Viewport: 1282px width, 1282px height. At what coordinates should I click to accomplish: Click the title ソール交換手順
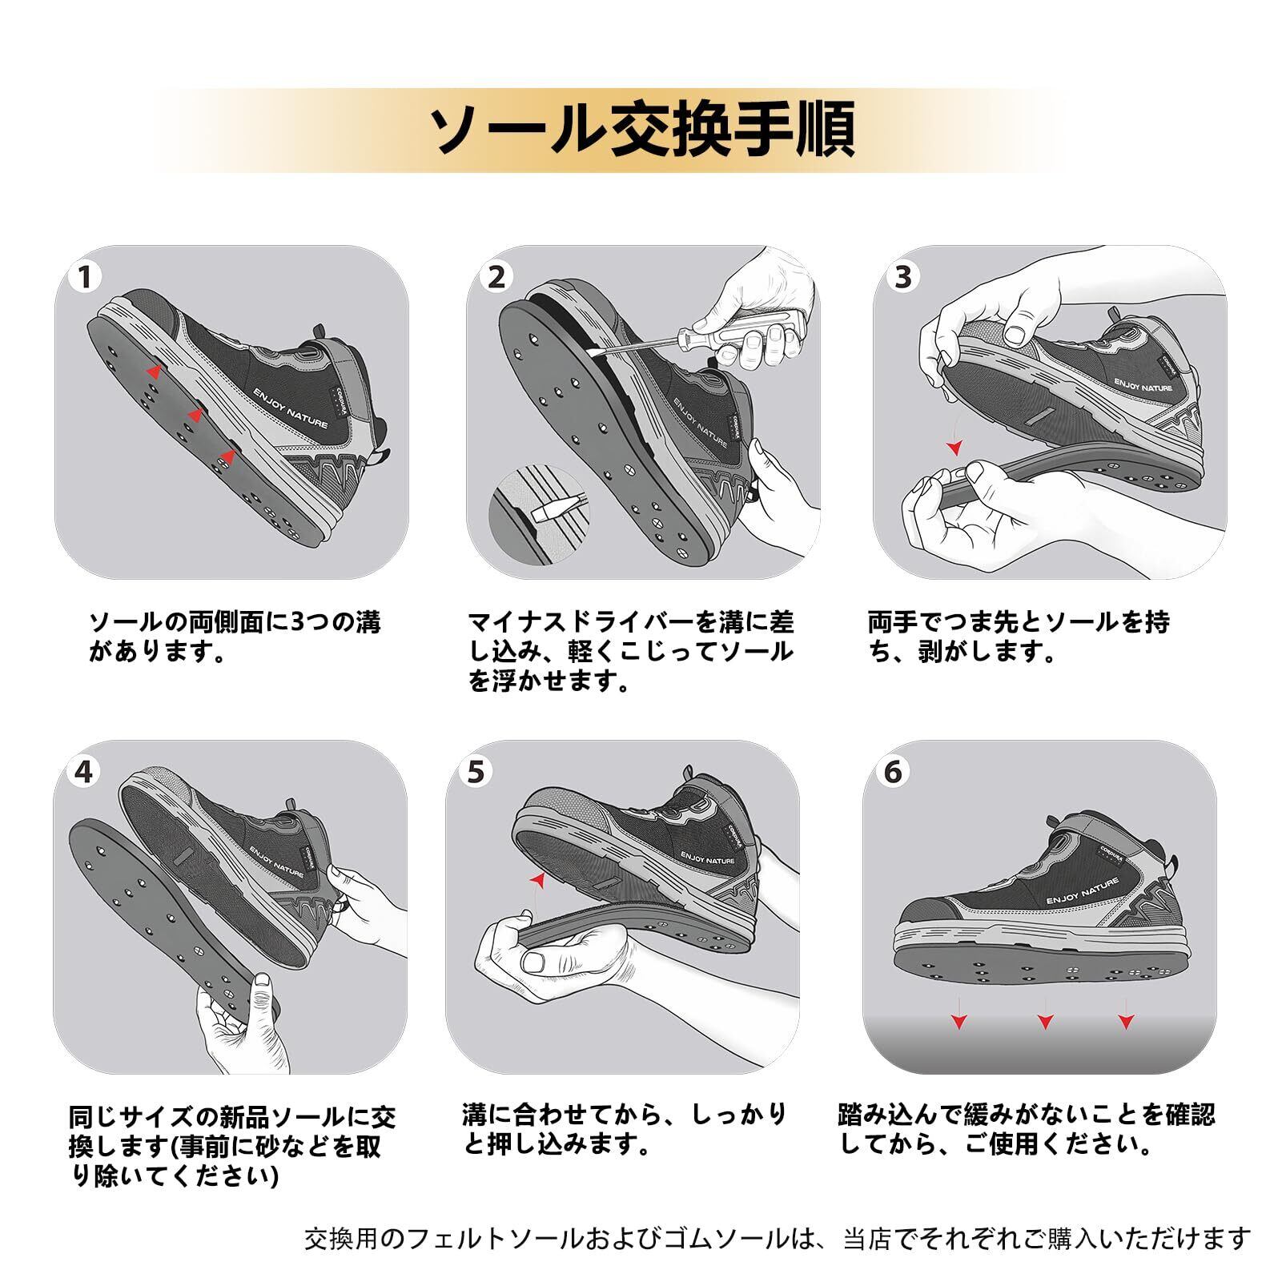point(641,129)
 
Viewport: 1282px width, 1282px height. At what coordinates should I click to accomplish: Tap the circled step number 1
point(86,278)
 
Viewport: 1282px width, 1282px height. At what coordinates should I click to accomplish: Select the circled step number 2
point(497,278)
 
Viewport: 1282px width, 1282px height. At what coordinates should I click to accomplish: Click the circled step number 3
point(903,277)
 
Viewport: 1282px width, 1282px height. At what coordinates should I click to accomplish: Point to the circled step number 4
point(84,772)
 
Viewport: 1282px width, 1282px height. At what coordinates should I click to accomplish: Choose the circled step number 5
point(476,772)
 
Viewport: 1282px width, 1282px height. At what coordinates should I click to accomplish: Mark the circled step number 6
point(893,772)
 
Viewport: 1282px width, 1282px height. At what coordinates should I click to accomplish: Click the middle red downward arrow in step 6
point(1045,1021)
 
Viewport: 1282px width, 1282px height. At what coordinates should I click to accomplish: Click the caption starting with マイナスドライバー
point(630,651)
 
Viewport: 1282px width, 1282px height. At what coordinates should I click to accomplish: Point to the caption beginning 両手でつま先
point(1018,637)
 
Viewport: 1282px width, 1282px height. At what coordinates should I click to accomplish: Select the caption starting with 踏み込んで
point(1026,1128)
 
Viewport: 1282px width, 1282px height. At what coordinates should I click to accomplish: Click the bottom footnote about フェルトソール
point(777,1239)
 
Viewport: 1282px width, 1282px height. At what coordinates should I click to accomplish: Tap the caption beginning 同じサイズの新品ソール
point(232,1146)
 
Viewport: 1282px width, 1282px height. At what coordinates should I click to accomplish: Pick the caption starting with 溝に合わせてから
point(625,1128)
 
